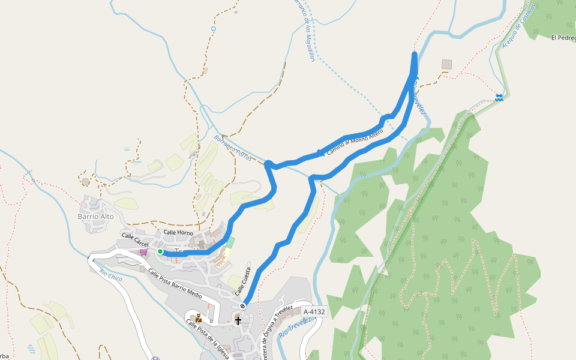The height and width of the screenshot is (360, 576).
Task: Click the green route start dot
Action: pos(160,252)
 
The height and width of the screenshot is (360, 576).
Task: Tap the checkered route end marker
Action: pos(242,306)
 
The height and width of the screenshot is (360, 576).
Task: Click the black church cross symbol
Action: pos(238,320)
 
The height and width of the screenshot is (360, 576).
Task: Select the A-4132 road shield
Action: pos(314,311)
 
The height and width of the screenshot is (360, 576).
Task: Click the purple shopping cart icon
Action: pos(143,252)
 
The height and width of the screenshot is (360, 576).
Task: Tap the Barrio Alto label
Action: pos(96,217)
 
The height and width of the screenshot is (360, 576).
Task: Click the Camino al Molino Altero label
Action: pos(355,143)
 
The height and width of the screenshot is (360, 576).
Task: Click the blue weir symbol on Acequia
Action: pos(499,97)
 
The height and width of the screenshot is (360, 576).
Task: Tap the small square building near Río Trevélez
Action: pos(446,64)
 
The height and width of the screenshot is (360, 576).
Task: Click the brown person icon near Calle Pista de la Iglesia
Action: pos(198,319)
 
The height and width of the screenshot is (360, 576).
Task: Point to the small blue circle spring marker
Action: pos(214,28)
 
